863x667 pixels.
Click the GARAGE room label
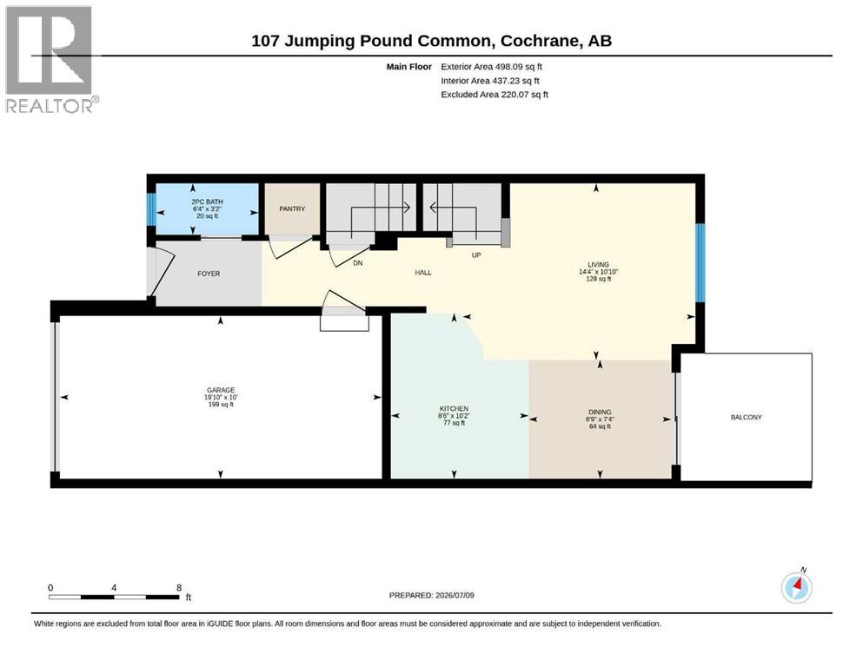point(221,390)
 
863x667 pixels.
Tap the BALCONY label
point(747,418)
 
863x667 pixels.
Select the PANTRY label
point(292,209)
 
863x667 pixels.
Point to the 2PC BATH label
point(208,201)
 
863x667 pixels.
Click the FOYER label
point(209,274)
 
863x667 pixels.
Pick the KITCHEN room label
point(454,408)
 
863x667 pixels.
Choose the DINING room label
point(600,412)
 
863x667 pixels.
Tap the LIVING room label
point(598,265)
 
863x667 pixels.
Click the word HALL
point(423,272)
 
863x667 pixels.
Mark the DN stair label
point(358,263)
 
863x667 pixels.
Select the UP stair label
point(476,255)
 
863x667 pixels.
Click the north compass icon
point(797,587)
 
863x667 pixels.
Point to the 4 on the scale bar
point(114,587)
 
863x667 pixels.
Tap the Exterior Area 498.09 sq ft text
point(492,67)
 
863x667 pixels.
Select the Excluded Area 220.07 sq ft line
point(495,95)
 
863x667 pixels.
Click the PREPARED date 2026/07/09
point(455,595)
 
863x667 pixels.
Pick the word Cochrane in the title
point(540,41)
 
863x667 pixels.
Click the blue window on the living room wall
point(700,263)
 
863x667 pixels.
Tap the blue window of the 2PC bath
point(151,209)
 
